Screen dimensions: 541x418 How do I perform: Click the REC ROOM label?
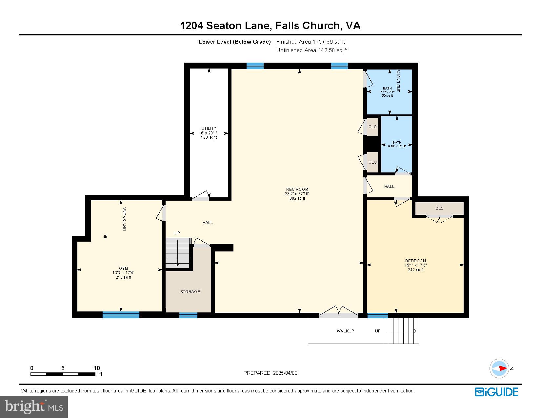[297, 189]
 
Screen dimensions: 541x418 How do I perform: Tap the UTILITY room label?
[209, 129]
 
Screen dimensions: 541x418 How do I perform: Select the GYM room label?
[124, 269]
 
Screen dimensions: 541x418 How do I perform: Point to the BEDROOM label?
[415, 261]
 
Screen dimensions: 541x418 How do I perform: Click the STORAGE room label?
[190, 291]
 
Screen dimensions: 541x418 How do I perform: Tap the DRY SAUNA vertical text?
[125, 219]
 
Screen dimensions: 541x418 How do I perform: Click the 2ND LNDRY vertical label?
[398, 81]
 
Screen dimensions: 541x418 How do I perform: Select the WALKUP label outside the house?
[345, 331]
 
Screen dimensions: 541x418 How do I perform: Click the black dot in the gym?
[105, 237]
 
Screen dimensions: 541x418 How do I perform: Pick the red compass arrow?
[503, 368]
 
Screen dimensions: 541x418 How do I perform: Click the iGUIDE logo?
[496, 392]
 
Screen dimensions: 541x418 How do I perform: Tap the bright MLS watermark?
[34, 407]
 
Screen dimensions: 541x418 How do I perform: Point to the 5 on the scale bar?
[63, 368]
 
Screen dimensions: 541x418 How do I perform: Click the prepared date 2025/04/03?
[285, 373]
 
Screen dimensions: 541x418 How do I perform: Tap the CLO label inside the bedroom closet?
[439, 209]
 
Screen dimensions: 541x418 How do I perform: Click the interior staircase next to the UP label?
[177, 253]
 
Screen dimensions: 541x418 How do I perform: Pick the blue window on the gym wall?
[121, 315]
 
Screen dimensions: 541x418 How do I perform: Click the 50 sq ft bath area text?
[388, 96]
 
